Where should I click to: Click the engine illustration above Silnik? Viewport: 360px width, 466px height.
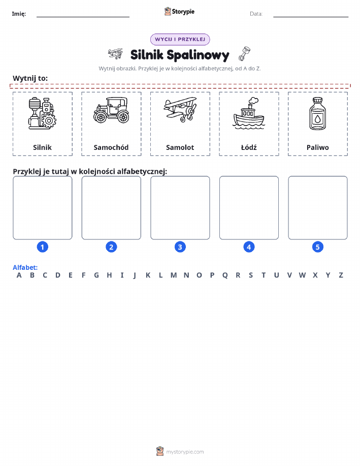(42, 113)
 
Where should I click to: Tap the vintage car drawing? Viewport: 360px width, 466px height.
(111, 110)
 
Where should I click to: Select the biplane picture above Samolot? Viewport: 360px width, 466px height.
(180, 110)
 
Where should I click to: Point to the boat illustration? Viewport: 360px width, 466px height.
(249, 113)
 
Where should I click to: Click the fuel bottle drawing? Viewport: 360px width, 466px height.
(317, 113)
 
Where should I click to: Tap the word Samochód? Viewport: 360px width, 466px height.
(111, 147)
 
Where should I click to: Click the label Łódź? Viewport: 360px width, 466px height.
(249, 147)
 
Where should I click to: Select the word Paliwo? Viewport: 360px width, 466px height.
(317, 147)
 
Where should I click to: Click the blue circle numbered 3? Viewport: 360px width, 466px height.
(180, 247)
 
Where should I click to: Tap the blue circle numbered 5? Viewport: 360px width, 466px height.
(317, 247)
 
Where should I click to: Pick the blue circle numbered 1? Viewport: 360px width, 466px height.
(43, 247)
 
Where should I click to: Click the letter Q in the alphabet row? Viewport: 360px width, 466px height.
(225, 275)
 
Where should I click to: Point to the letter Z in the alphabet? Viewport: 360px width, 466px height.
(341, 275)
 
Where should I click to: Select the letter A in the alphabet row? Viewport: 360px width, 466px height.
(19, 275)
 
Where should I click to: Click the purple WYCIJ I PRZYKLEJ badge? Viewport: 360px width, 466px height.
(180, 39)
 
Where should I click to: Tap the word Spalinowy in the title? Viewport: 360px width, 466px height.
(198, 55)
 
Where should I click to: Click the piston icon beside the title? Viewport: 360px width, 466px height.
(245, 53)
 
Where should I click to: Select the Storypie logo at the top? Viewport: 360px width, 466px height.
(179, 12)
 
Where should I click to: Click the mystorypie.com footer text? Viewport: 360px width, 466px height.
(185, 452)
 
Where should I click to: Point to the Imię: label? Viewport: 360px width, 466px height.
(19, 14)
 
